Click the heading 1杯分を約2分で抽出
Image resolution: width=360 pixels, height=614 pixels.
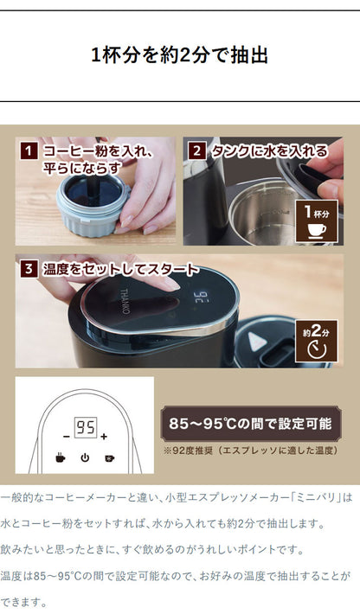tap(179, 55)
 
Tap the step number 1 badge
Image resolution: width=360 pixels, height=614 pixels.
tap(29, 151)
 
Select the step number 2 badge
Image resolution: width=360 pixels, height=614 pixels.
tap(197, 151)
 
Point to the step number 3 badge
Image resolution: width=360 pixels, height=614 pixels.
tap(29, 270)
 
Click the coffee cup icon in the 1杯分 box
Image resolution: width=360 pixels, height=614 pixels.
tap(317, 230)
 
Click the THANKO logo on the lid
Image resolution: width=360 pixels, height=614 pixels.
tap(124, 302)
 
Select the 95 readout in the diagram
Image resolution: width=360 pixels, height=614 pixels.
tap(86, 427)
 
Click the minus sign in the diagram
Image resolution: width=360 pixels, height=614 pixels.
tap(67, 436)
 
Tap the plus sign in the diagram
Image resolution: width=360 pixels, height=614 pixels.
tap(104, 436)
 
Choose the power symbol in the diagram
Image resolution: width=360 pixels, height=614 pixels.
tap(85, 457)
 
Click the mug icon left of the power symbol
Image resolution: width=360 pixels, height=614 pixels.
tap(60, 457)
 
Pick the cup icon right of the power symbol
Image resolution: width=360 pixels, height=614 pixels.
tap(110, 457)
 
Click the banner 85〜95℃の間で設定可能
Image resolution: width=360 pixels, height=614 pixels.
tap(251, 424)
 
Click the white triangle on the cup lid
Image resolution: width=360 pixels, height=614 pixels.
tap(256, 341)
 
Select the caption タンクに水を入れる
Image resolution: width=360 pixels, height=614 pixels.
tap(269, 151)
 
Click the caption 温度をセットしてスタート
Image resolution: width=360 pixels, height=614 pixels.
tap(120, 270)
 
